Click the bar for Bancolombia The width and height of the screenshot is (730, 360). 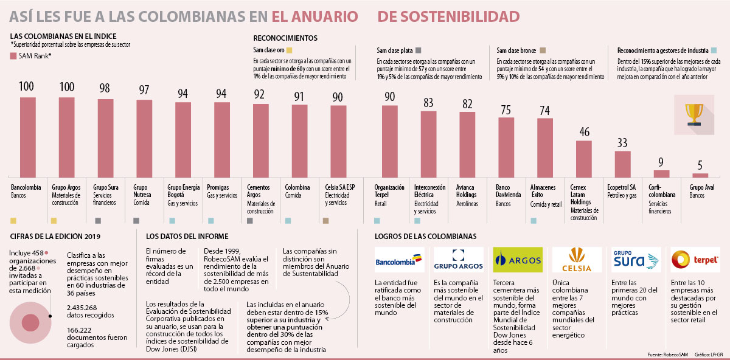click(x=28, y=137)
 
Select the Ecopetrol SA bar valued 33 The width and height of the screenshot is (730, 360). click(x=622, y=164)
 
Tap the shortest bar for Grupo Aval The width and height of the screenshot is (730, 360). click(x=700, y=175)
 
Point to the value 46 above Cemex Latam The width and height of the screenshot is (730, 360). click(x=583, y=132)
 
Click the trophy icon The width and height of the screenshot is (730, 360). click(x=693, y=114)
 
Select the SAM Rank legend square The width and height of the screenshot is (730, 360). click(x=14, y=57)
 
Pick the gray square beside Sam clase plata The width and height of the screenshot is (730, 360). click(x=419, y=50)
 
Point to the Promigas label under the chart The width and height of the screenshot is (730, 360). click(x=218, y=187)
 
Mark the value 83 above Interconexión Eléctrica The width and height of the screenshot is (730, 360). click(x=428, y=103)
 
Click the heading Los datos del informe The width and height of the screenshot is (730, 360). click(x=187, y=236)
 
